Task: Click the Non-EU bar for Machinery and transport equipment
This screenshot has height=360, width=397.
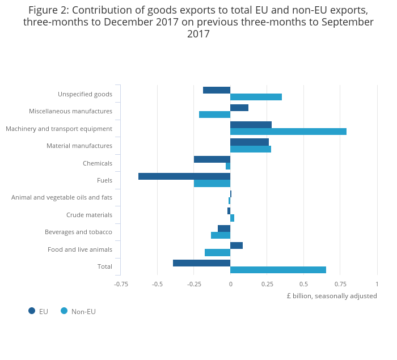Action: pos(288,132)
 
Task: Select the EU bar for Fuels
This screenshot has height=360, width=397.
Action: pos(184,176)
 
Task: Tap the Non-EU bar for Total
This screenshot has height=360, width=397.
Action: pos(278,270)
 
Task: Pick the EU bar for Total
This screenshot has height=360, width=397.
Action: pos(201,263)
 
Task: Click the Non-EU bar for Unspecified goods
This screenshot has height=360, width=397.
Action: pos(256,97)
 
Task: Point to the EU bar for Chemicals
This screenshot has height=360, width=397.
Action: pos(212,159)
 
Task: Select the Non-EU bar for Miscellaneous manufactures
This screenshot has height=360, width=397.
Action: pos(214,115)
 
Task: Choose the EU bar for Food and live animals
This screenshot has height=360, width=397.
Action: pos(236,245)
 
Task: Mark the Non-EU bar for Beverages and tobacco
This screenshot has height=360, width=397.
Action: pos(221,235)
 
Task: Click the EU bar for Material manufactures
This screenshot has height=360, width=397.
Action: pos(250,142)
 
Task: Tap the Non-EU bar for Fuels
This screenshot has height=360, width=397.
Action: pos(212,184)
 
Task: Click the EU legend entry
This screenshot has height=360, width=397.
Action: pos(38,311)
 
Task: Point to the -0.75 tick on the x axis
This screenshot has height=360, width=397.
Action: pos(121,283)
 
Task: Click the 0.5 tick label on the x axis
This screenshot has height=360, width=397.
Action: pos(303,283)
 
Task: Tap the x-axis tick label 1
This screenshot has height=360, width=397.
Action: pos(377,283)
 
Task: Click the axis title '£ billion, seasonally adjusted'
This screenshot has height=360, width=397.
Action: pos(331,296)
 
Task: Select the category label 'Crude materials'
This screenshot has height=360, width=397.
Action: pos(89,215)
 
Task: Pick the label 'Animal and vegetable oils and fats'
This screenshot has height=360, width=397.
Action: pos(62,197)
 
